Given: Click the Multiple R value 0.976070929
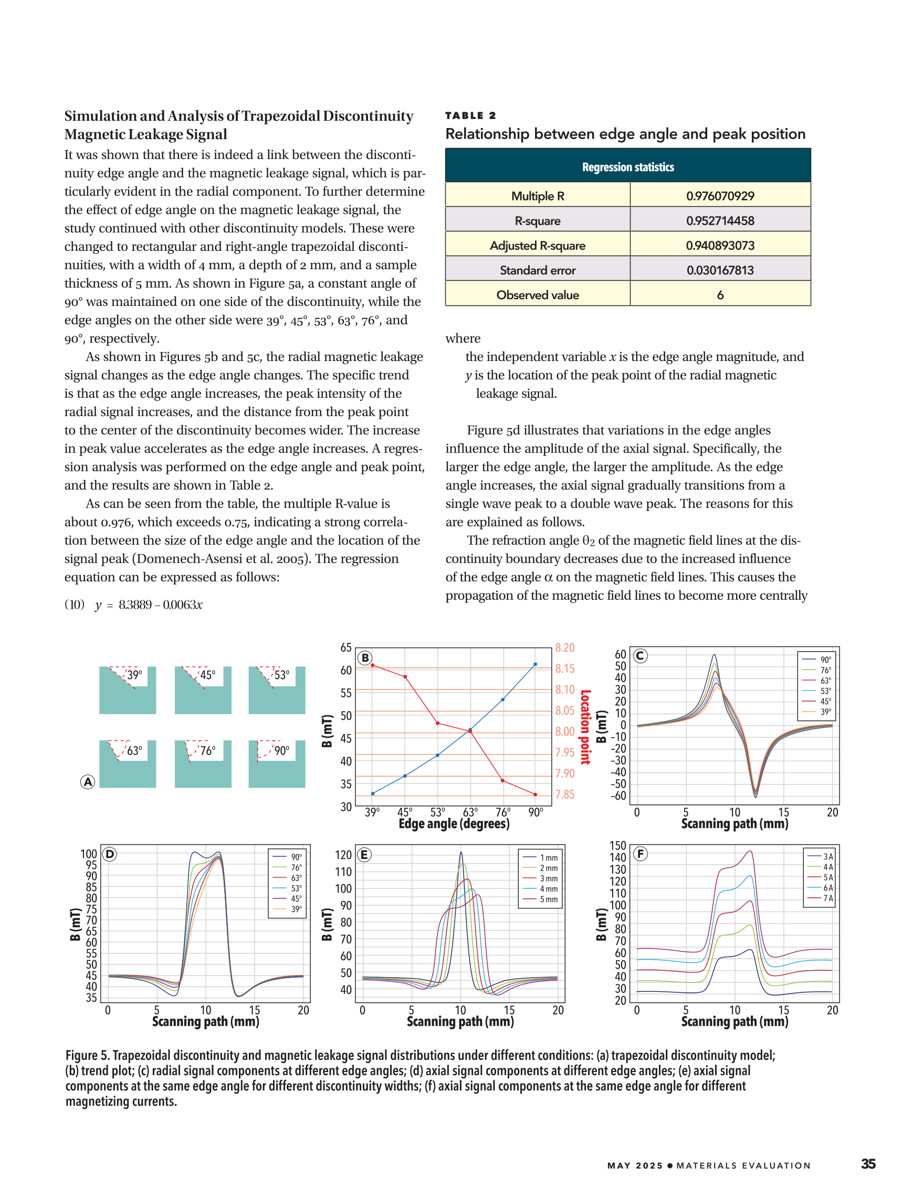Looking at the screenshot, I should tap(719, 196).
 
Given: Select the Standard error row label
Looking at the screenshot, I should tap(537, 270).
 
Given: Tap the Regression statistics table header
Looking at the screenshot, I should tap(628, 167).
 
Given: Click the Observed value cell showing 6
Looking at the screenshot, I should tap(719, 294).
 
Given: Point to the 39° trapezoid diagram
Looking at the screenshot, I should tap(127, 690).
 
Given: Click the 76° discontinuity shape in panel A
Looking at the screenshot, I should tap(203, 764).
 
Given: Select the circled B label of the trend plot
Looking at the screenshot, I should tap(365, 658).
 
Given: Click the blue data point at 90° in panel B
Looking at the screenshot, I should tap(535, 664).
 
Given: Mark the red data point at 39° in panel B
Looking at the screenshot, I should tap(373, 665).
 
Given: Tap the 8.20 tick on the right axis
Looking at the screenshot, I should tap(564, 648).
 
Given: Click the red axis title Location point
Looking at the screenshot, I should tap(585, 727).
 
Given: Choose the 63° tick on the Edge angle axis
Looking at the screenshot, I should tap(470, 812).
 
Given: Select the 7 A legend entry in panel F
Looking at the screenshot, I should tap(820, 898).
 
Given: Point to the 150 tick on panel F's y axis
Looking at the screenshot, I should tap(617, 846).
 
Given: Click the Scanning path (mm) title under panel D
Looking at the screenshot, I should tap(205, 1021).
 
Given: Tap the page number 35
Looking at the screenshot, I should tap(867, 1163).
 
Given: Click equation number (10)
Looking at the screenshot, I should tap(75, 605).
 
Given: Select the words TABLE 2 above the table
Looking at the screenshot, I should tap(470, 115).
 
